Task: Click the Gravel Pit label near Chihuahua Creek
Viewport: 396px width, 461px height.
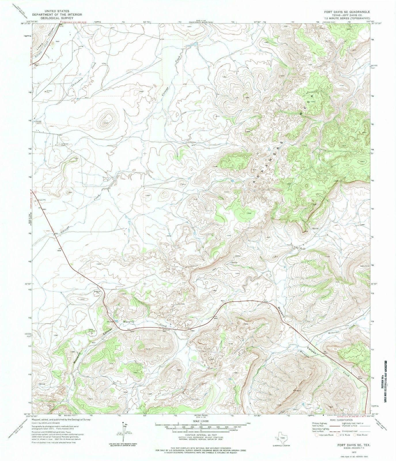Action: point(47,92)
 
